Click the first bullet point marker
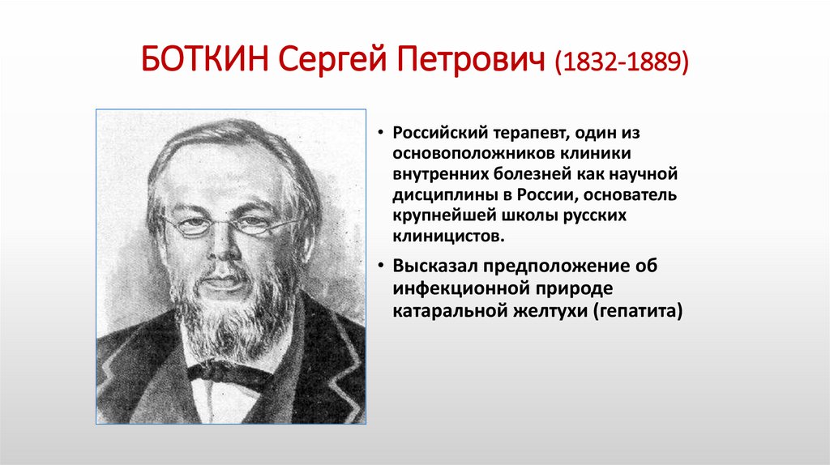click(x=380, y=134)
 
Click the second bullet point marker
click(x=380, y=267)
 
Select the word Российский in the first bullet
click(x=436, y=133)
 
